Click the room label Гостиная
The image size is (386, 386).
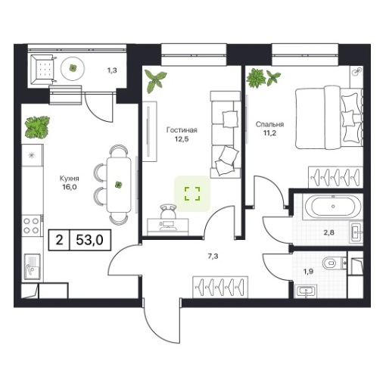point(182,130)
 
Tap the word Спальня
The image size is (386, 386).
point(269,124)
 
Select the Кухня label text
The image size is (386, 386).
point(70,179)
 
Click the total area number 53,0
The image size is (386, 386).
point(90,240)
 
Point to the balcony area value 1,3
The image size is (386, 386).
point(112,70)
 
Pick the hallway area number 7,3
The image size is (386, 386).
point(213,257)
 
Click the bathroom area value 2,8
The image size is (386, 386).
point(329,232)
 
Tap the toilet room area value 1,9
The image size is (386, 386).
point(308,272)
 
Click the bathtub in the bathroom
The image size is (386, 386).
point(333,207)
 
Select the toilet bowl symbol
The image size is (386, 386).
point(332,264)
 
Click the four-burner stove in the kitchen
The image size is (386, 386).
point(32,226)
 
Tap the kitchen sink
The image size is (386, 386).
point(33,266)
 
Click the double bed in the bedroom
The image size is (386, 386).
point(329,117)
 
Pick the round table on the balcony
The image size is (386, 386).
point(73,68)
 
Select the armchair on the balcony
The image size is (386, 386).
point(43,69)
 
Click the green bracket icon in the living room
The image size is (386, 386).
point(192,194)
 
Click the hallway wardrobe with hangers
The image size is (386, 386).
point(220,287)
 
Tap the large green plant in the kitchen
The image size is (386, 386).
point(37,127)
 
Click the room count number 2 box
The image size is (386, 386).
point(59,240)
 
